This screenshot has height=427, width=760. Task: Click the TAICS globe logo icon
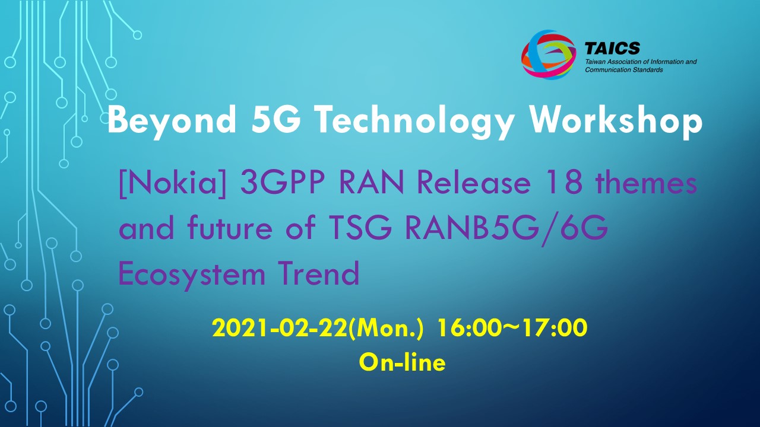(549, 55)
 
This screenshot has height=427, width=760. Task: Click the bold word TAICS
(612, 49)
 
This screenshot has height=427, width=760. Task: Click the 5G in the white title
(276, 120)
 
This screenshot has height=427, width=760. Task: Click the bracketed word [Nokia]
(173, 183)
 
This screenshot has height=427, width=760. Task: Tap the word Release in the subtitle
(474, 183)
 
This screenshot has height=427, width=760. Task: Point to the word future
(230, 227)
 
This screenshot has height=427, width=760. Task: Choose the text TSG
(360, 228)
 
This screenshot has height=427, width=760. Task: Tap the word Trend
(319, 273)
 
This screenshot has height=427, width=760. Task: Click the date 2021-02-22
(280, 329)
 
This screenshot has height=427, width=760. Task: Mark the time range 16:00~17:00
(512, 329)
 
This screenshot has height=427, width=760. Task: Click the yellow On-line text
(403, 362)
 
